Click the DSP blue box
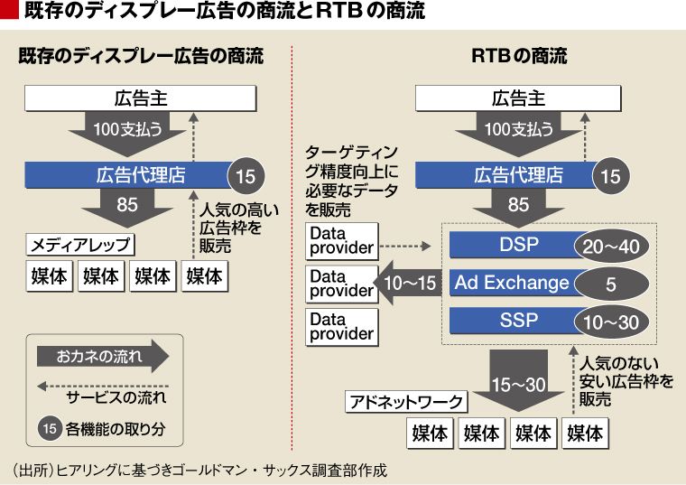point(511,245)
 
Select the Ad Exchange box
point(511,283)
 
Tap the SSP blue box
point(511,321)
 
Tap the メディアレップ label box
point(81,245)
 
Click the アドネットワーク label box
point(405,402)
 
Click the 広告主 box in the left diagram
point(140,98)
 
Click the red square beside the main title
point(10,12)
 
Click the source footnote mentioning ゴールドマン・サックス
point(199,470)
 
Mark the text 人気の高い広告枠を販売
point(230,229)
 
